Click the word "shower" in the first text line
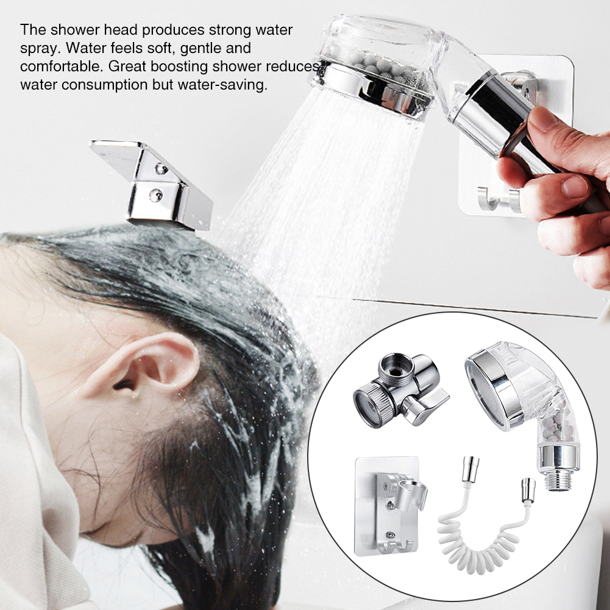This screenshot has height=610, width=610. (x=77, y=30)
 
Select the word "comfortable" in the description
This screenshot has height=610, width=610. (x=61, y=66)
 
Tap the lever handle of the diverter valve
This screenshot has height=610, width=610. (x=426, y=408)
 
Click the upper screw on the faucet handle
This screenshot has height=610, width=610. (x=161, y=169)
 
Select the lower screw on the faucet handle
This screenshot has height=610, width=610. (x=156, y=195)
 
